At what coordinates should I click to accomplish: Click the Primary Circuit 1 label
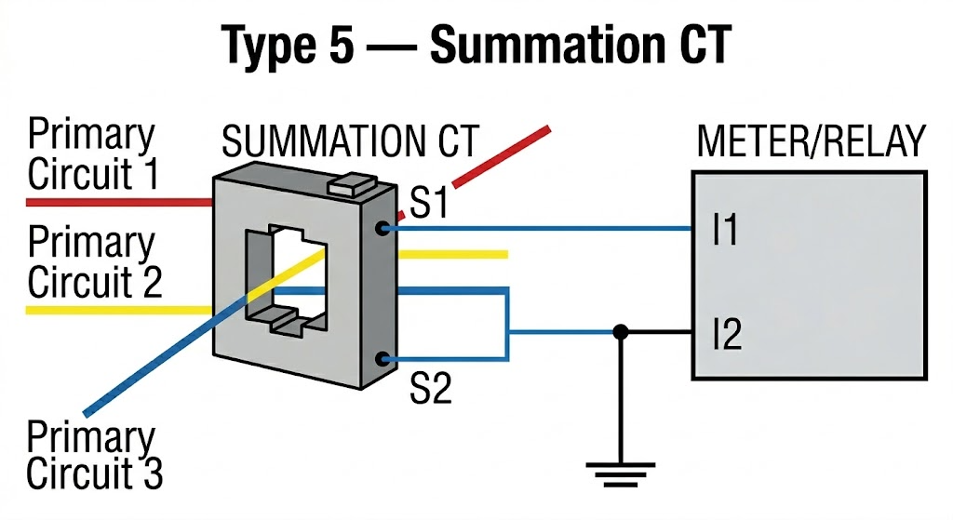click(x=92, y=154)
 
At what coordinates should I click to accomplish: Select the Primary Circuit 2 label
click(x=92, y=261)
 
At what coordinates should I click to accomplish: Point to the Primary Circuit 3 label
click(x=92, y=456)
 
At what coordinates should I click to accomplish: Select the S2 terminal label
click(x=430, y=388)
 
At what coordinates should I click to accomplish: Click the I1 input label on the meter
click(x=725, y=230)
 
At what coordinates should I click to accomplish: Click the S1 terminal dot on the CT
click(x=382, y=227)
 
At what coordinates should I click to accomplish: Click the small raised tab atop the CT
click(x=351, y=184)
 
